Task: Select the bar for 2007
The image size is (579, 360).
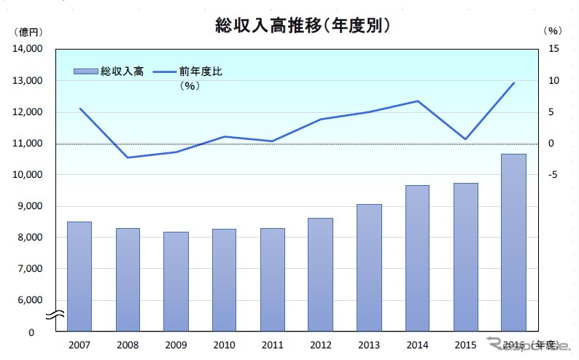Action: point(79,276)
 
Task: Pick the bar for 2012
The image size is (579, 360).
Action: point(321,274)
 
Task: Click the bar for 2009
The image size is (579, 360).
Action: point(176,281)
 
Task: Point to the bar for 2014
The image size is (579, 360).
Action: point(417,258)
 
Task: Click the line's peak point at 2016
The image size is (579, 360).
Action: point(514,83)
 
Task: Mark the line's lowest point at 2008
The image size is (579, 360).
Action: point(128,157)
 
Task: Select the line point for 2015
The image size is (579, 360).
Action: point(466,139)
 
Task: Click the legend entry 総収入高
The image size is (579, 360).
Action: point(109,71)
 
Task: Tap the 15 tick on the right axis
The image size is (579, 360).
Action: point(553,50)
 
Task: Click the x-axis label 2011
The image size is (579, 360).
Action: point(273,343)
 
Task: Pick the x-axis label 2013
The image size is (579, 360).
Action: point(369,343)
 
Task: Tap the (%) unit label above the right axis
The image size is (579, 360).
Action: point(553,31)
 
